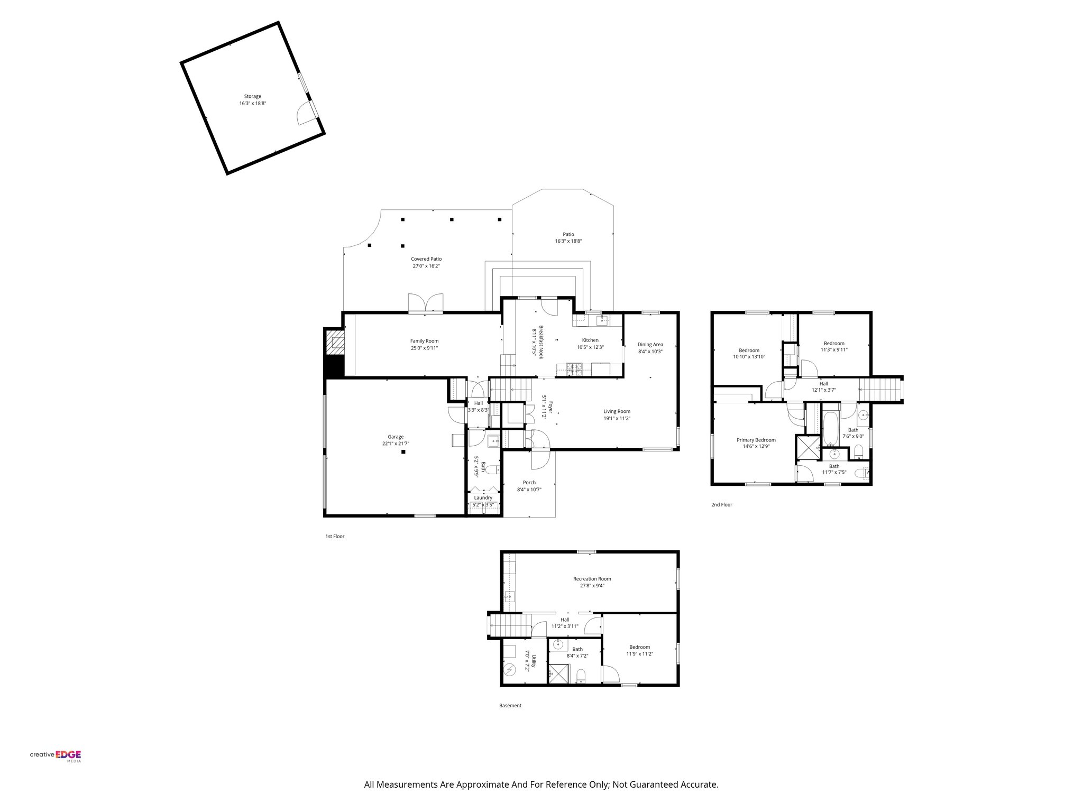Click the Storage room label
click(x=252, y=96)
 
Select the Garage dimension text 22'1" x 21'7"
click(x=396, y=444)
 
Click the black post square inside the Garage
click(x=403, y=452)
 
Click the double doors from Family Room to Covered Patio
click(x=426, y=303)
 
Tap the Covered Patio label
click(x=426, y=259)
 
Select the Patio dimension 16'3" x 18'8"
click(x=568, y=241)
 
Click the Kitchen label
click(x=590, y=340)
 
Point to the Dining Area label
click(x=650, y=345)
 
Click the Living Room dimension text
click(x=617, y=418)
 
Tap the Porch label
click(x=529, y=482)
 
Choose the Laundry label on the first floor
click(x=483, y=497)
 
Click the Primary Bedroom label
click(x=756, y=440)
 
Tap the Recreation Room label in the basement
click(x=592, y=579)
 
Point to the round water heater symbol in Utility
click(x=510, y=670)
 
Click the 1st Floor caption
click(x=335, y=536)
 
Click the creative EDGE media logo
click(x=56, y=756)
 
